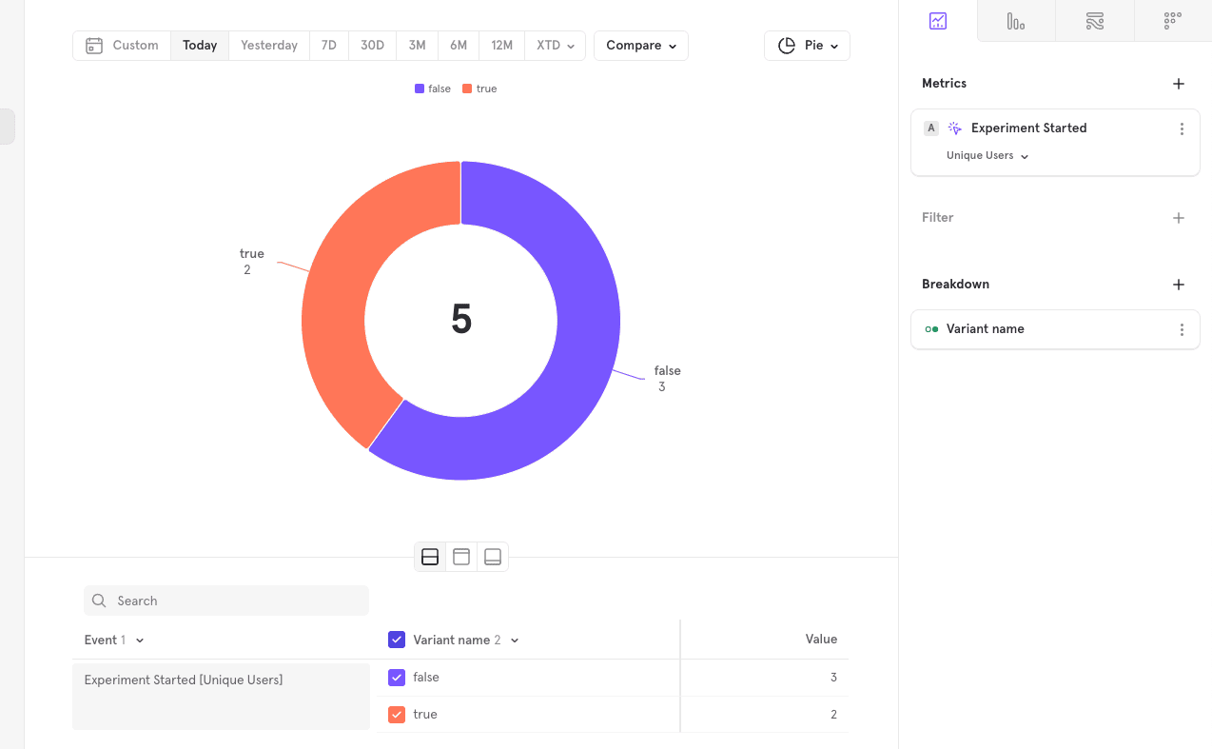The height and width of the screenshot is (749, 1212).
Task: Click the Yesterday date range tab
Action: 268,46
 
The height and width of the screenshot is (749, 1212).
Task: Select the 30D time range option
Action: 372,46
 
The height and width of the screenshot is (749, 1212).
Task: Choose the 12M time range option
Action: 501,46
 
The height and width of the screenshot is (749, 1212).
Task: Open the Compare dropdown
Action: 640,46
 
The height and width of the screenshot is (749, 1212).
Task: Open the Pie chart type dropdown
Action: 807,46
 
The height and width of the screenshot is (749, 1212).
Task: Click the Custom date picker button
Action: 122,46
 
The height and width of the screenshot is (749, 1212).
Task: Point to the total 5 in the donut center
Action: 461,320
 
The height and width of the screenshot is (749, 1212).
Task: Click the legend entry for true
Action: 480,89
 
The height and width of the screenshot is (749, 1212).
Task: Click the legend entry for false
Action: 433,89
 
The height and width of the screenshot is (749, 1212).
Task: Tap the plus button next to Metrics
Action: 1179,84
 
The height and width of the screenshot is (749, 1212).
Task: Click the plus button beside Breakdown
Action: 1179,285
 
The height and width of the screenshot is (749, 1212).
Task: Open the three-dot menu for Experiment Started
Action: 1182,128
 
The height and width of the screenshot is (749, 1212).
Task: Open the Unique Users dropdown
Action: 987,156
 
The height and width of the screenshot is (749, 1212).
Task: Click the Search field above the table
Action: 226,601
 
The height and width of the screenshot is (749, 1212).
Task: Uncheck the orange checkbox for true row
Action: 397,715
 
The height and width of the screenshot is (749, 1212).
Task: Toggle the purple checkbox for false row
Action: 397,678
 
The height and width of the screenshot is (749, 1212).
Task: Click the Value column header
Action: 821,640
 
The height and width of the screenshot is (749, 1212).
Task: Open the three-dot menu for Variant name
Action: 1182,329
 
